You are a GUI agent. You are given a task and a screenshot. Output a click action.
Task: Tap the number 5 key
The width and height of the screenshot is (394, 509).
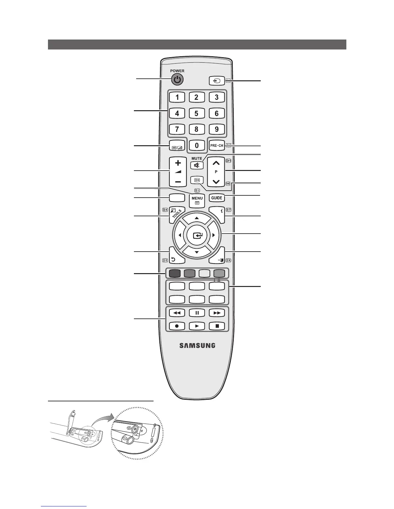point(196,113)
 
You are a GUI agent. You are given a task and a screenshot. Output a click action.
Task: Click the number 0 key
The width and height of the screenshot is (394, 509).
point(196,145)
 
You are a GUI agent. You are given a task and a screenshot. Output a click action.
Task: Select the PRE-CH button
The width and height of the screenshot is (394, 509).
point(217,145)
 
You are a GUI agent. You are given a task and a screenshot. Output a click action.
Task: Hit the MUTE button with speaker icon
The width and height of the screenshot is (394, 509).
point(197,165)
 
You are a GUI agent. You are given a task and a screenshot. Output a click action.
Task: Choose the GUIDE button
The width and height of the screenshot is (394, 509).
point(217,198)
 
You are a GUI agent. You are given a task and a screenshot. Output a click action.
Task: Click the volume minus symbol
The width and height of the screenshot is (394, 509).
point(178,182)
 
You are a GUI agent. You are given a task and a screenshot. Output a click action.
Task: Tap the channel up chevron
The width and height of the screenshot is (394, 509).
point(216,163)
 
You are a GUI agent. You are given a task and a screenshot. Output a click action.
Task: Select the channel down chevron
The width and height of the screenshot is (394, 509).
point(216,182)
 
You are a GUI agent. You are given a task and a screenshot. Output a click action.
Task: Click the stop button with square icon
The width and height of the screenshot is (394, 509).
point(217,326)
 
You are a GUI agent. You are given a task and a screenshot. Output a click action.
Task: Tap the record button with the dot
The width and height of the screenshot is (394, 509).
point(177,326)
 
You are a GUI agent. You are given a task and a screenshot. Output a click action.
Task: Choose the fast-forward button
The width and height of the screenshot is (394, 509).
point(217,313)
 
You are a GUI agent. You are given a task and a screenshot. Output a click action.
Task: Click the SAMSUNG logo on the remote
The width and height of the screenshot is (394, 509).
point(197,346)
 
